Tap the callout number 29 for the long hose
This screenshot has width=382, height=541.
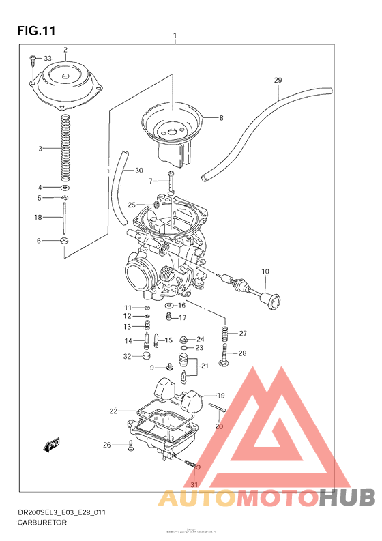[278, 81]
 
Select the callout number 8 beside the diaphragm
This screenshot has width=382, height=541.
[220, 118]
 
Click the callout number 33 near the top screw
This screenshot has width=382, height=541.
[47, 59]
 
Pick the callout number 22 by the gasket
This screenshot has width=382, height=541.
[113, 411]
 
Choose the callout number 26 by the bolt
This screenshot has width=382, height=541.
[106, 445]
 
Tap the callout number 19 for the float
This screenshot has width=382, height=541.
[220, 396]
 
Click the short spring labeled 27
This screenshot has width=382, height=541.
[224, 334]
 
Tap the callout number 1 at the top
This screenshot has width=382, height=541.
[175, 35]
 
